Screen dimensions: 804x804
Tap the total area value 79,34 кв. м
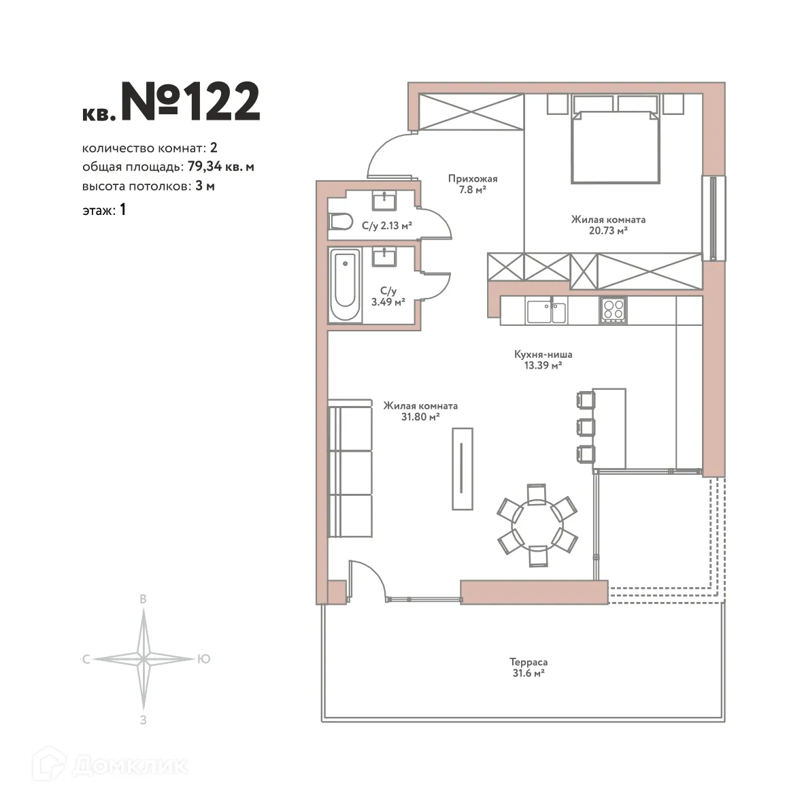[221, 167]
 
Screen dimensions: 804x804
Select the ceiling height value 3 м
[205, 186]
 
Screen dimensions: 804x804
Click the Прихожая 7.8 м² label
[472, 184]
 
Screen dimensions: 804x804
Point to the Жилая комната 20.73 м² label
[607, 225]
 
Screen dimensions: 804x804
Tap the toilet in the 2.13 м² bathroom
[340, 222]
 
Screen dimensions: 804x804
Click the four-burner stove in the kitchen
[613, 309]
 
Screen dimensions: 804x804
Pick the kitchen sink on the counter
[546, 312]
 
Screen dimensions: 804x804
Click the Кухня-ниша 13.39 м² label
[543, 360]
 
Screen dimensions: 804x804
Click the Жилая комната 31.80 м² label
[420, 411]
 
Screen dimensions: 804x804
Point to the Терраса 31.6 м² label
[529, 667]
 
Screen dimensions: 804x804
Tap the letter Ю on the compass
[203, 659]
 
